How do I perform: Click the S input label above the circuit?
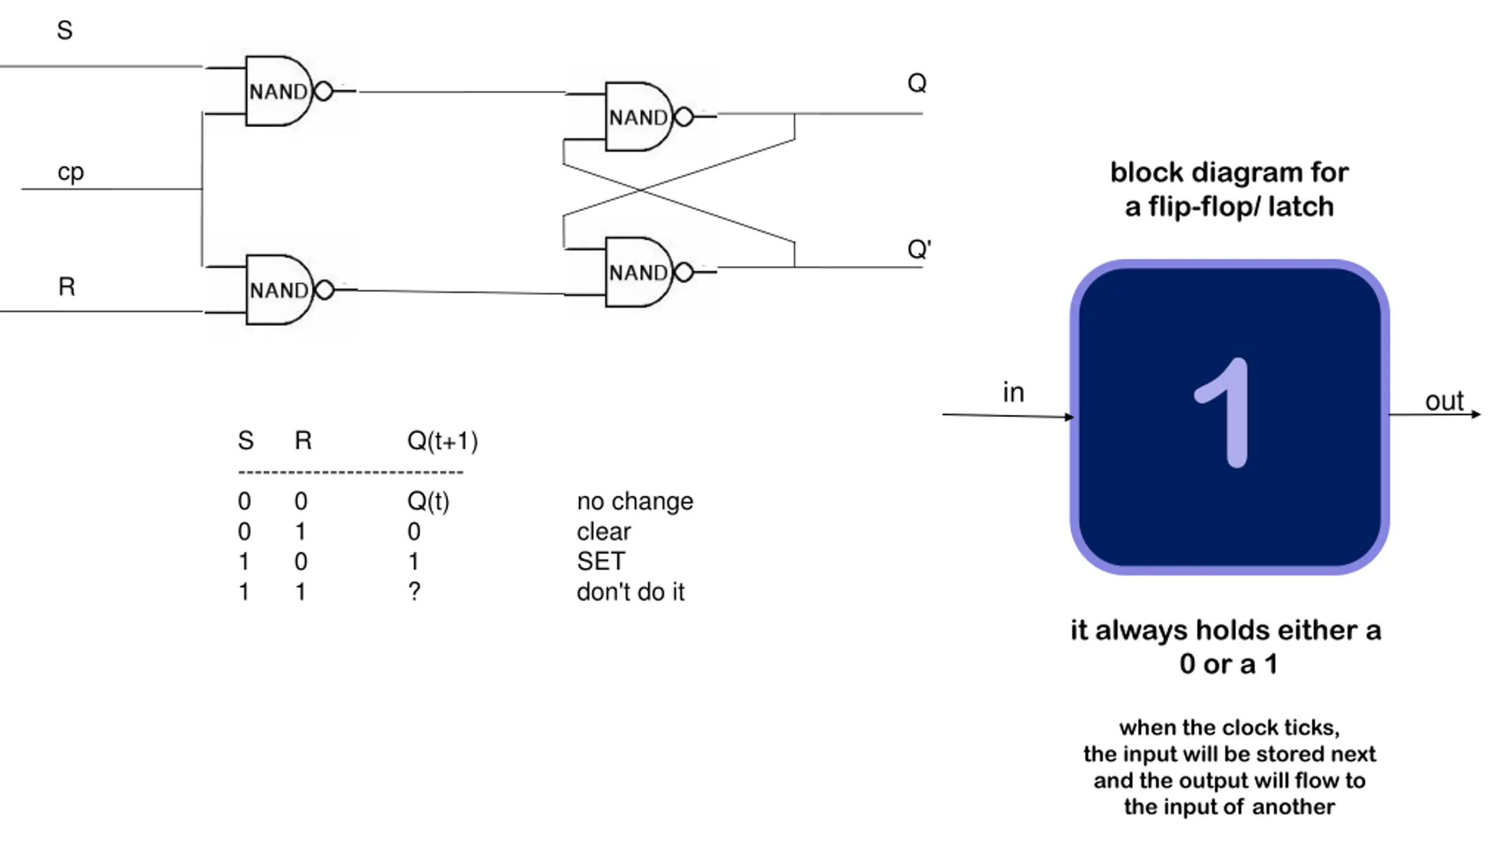coord(65,30)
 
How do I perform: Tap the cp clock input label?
coord(71,173)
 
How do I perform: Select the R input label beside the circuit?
coord(67,287)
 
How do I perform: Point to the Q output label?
coord(917,83)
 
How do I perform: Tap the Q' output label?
coord(919,249)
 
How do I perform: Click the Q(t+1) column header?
coord(442,440)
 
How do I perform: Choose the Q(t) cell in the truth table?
coord(428,502)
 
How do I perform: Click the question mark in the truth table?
coord(414,591)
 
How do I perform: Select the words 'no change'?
coord(635,501)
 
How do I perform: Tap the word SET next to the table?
coord(601,561)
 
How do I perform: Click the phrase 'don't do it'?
coord(631,592)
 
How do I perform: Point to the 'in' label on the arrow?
coord(1013,392)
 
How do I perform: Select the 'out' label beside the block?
coord(1444,402)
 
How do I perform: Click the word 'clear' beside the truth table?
coord(604,532)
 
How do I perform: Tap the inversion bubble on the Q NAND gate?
coord(683,117)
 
